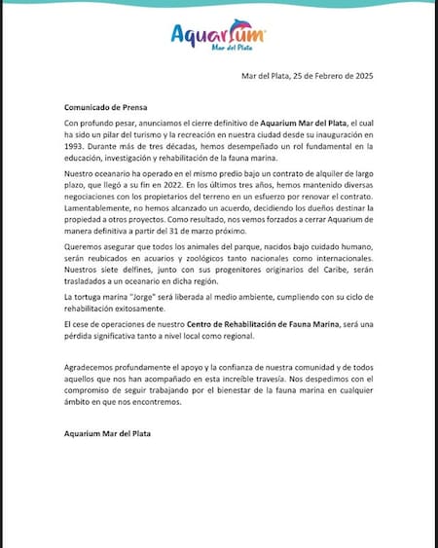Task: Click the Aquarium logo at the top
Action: coord(218,36)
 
